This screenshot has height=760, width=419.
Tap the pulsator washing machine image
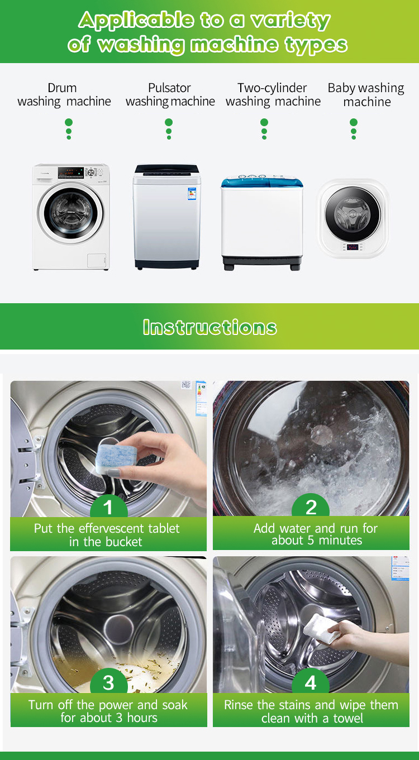(x=166, y=217)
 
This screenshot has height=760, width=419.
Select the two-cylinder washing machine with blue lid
(x=262, y=224)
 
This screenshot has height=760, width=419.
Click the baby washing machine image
(x=352, y=218)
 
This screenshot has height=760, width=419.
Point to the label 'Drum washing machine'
(x=64, y=95)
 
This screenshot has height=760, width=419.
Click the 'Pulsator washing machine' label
(x=170, y=95)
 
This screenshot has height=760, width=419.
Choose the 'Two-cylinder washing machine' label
(x=273, y=95)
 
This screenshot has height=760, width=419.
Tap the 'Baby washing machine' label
(x=366, y=95)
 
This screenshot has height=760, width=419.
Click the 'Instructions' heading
(x=209, y=327)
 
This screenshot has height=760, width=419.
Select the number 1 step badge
(x=108, y=507)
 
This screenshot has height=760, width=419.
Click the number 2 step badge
(x=311, y=507)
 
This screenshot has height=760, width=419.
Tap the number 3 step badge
(x=108, y=682)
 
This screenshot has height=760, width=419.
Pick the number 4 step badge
(x=311, y=682)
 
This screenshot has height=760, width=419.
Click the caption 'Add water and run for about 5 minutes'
(x=316, y=534)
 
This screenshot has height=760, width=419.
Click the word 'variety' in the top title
(x=290, y=21)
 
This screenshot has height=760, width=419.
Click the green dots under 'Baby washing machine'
(x=353, y=128)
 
